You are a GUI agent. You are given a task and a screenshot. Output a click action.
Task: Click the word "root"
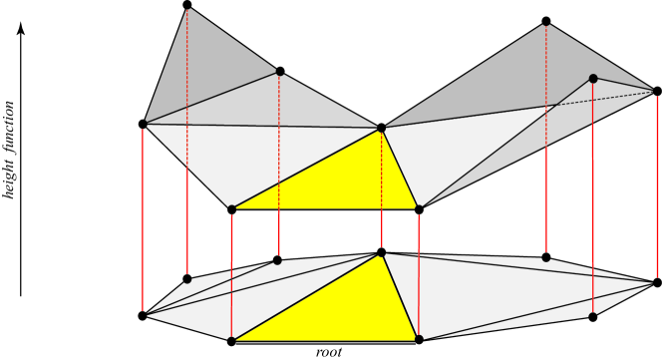(328, 351)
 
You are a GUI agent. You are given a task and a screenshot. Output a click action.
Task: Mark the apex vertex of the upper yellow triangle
(381, 128)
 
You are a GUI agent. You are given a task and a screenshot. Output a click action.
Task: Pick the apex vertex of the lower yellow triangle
(381, 252)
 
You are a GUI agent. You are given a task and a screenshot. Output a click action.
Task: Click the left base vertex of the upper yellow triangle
(232, 209)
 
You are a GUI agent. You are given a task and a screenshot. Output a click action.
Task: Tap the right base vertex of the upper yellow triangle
(419, 209)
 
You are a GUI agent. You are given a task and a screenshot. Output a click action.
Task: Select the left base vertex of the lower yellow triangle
(232, 341)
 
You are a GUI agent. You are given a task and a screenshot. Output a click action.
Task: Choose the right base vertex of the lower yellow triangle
(419, 340)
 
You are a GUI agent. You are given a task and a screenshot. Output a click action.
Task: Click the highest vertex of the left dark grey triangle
(187, 6)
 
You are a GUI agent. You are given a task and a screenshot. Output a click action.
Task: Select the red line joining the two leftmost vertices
(143, 219)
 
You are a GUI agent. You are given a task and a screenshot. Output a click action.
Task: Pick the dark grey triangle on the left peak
(204, 70)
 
